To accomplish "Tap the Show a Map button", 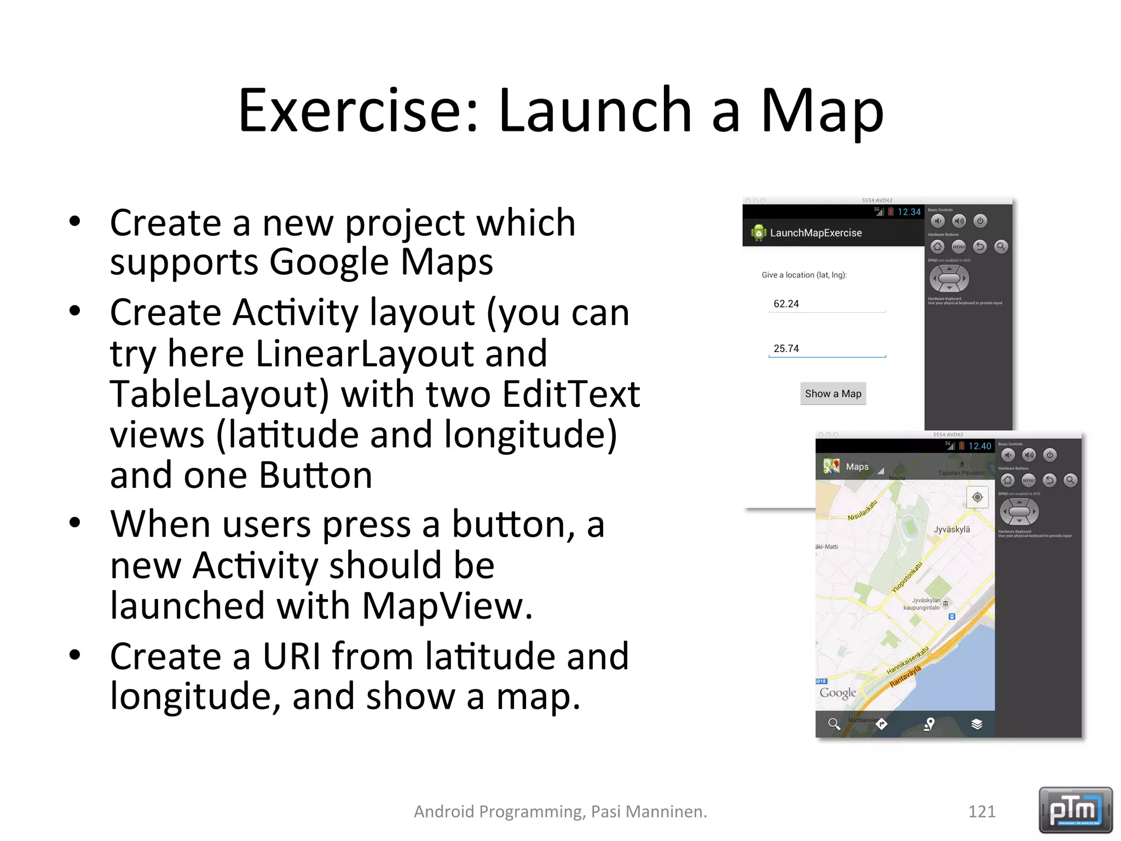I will (833, 394).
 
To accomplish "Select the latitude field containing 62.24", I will (827, 304).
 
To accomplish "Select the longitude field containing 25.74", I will (827, 349).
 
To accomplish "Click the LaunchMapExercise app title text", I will (816, 233).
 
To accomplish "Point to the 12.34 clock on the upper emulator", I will (909, 212).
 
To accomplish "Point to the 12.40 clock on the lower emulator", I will (979, 446).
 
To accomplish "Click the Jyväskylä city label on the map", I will (951, 529).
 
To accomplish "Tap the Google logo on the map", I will (837, 693).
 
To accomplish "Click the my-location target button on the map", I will (977, 497).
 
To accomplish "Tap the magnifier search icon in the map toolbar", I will (834, 724).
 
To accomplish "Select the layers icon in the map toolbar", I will (976, 724).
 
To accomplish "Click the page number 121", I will (981, 811).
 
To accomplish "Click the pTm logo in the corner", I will (1075, 810).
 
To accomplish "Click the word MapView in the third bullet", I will (447, 606).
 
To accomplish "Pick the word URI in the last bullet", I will (291, 656).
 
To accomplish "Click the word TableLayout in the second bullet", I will (219, 394).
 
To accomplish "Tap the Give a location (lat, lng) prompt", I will (804, 275).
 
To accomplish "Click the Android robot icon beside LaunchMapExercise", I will (759, 233).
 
